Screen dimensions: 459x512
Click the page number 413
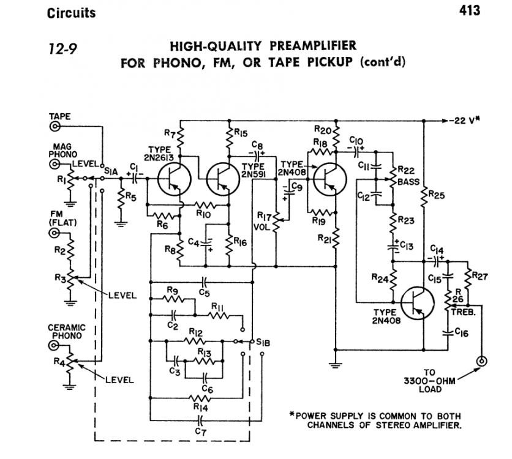[x=468, y=10]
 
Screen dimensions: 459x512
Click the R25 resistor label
[x=436, y=195]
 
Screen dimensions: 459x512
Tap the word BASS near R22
[x=408, y=182]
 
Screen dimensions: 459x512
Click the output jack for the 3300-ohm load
[x=482, y=362]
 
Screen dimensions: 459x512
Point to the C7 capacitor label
[x=200, y=432]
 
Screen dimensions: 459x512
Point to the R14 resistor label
[x=200, y=405]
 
